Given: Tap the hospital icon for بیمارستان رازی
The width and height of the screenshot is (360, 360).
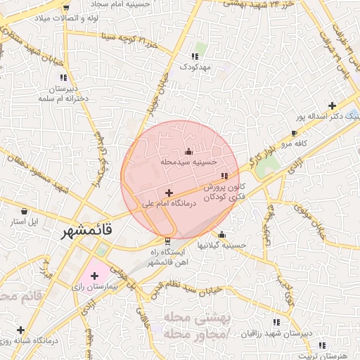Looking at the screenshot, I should coord(94,276).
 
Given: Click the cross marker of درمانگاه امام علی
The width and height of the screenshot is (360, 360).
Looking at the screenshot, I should coord(169,193).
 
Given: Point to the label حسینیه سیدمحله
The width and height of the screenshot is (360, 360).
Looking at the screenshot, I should coord(187,162).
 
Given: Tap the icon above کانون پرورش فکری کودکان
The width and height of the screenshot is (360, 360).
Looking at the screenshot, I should coord(224,176).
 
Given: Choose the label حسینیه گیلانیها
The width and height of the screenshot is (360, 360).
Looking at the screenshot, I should coord(222,245).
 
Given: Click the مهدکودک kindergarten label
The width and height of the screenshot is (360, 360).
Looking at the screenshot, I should coord(194,67).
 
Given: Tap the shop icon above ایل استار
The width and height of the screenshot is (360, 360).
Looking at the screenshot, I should coord(25,210).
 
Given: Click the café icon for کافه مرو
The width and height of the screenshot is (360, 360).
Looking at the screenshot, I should coord(294,133).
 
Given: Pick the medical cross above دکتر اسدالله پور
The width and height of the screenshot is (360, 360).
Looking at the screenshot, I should coord(332,105).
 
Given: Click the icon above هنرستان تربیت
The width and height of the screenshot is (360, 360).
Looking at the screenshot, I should coord(321,345).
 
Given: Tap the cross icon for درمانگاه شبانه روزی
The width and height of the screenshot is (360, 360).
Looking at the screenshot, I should coord(20,330).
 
